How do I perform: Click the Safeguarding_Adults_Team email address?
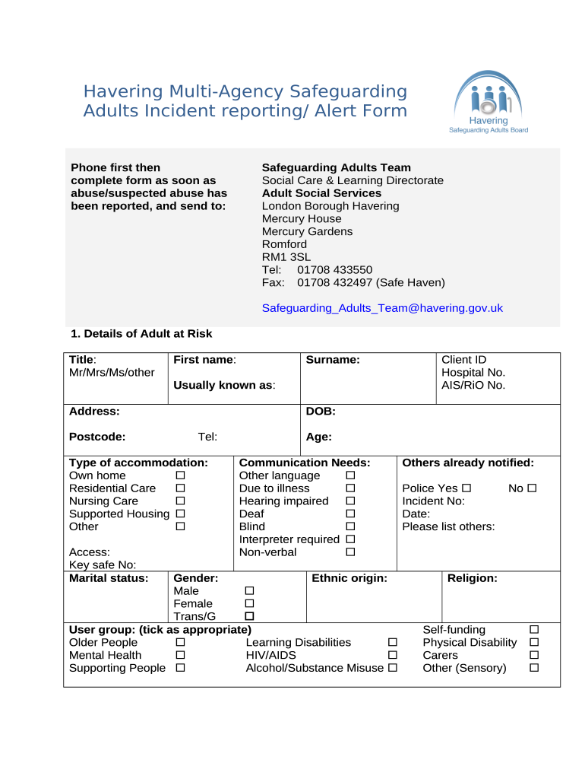tap(382, 308)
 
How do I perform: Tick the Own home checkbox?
tap(181, 475)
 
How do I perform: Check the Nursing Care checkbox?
tap(181, 501)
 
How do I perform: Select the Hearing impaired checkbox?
tap(350, 501)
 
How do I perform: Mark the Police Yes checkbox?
tap(466, 488)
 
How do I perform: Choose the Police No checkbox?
tap(532, 488)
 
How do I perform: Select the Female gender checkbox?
tap(248, 603)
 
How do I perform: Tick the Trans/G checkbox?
tap(248, 616)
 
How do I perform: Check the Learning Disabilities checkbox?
tap(393, 643)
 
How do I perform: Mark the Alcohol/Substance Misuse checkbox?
tap(393, 669)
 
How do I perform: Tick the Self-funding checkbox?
tap(534, 630)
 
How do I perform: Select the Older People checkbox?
tap(181, 643)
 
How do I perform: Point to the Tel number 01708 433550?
tap(334, 270)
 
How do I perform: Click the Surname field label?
tap(332, 360)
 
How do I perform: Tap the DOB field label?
tap(320, 412)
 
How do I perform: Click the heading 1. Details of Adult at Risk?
tap(141, 334)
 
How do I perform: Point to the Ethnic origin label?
tap(349, 578)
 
